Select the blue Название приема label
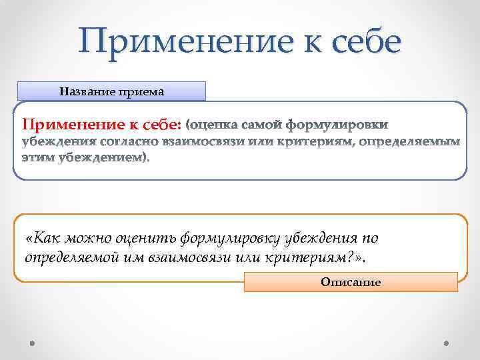[111, 91]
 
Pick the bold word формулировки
[336, 125]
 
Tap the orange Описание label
[351, 282]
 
